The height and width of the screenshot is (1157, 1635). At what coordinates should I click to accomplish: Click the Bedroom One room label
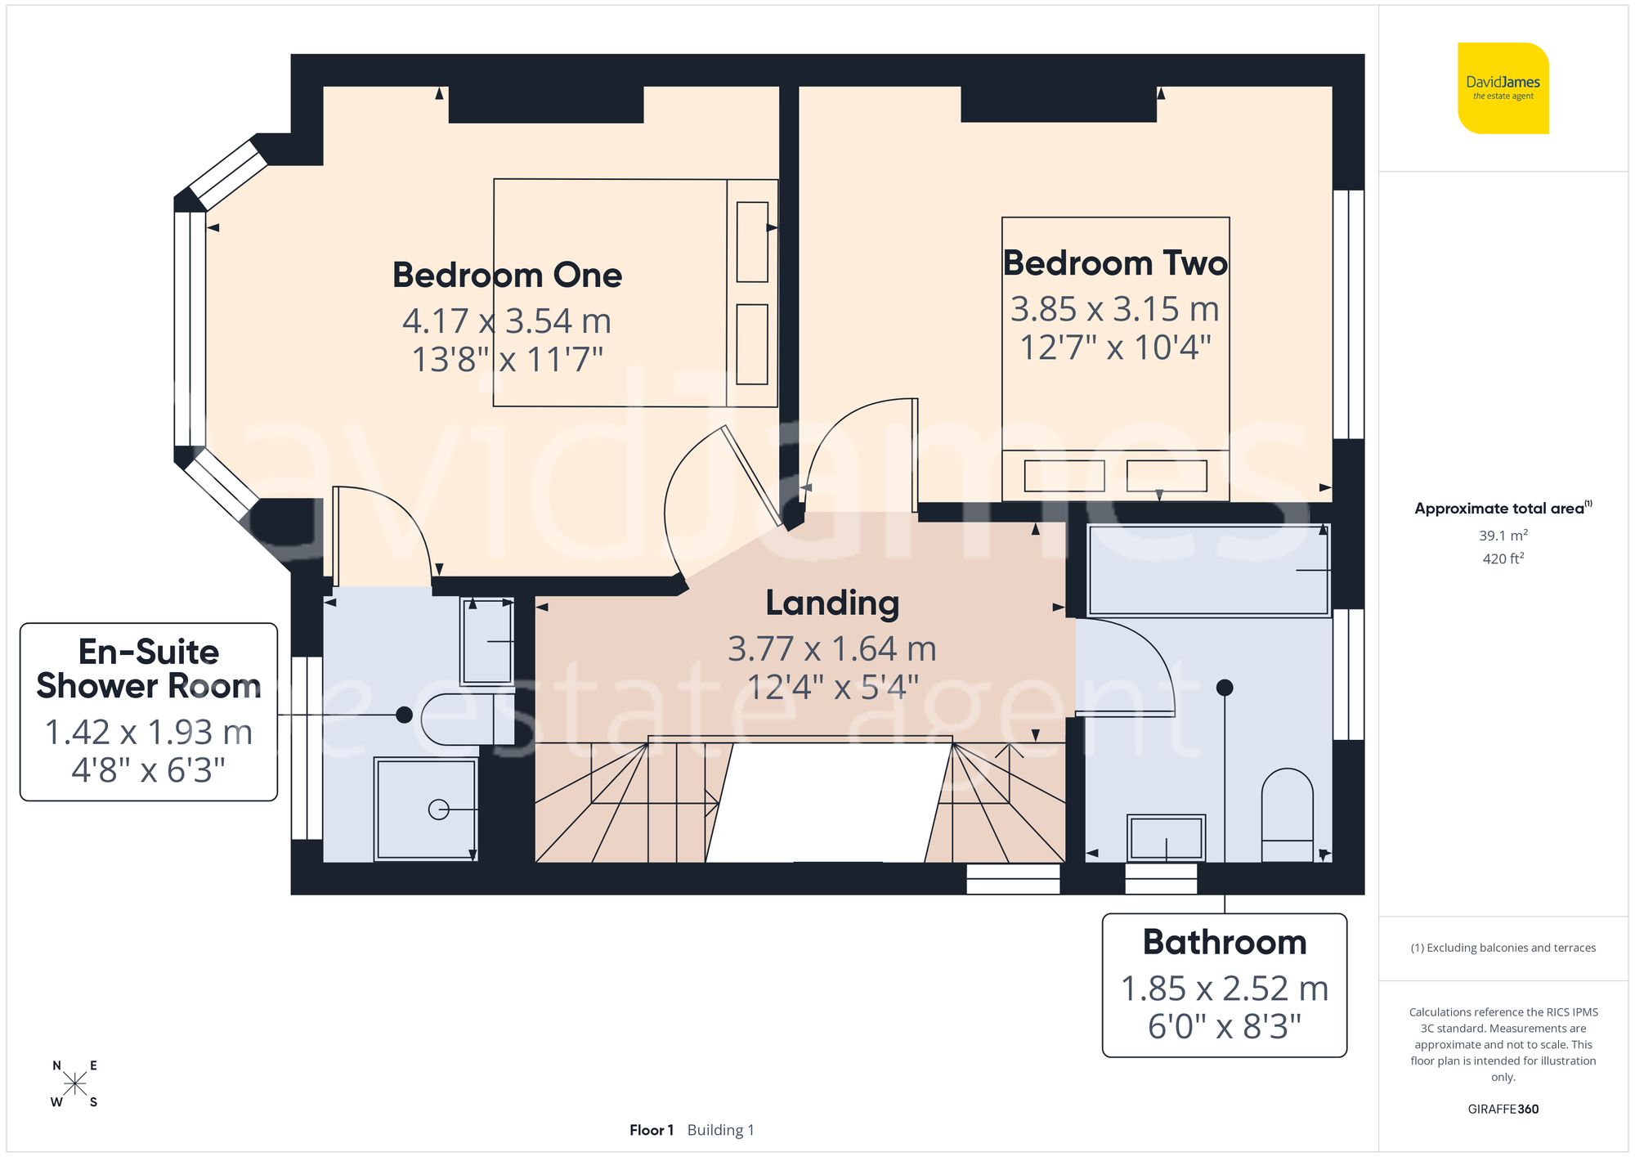(507, 275)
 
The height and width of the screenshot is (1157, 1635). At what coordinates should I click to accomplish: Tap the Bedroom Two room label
(1115, 263)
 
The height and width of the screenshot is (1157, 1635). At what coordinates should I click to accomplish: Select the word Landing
(832, 603)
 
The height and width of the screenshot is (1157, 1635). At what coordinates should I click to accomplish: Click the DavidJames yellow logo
(1503, 88)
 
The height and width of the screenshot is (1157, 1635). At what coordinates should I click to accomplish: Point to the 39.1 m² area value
(1503, 536)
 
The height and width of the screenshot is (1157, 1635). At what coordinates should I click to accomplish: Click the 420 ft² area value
(1503, 558)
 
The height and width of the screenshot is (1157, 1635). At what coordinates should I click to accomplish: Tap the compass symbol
(74, 1084)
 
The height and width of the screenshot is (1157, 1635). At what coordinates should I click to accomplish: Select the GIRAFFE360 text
(1503, 1109)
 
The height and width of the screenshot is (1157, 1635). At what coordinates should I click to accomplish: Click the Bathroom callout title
(1224, 942)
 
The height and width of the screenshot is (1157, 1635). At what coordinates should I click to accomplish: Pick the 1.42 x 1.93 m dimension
(148, 732)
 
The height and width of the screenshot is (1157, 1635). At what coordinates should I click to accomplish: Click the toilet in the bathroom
(1287, 814)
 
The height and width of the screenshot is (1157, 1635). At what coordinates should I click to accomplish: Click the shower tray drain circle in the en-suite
(438, 809)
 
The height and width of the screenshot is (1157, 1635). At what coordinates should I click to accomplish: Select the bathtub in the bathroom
(1207, 570)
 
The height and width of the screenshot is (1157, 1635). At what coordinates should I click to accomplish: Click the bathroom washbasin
(1165, 837)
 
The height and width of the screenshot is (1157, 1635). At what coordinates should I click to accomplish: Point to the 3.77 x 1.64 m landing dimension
(832, 648)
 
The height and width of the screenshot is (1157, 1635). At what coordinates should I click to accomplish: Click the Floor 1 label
(651, 1130)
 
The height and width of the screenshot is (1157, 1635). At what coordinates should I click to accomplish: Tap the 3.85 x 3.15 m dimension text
(1115, 309)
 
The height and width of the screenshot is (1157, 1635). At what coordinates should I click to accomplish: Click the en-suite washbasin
(486, 641)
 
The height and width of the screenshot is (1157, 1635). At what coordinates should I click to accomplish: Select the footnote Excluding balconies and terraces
(1503, 948)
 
